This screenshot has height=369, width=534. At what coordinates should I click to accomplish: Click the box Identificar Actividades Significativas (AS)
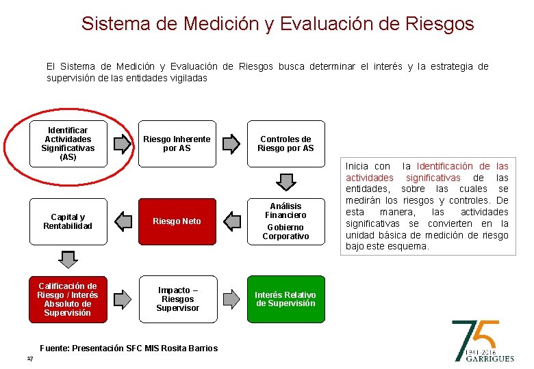(68, 143)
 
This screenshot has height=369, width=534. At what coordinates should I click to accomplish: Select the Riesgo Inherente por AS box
(177, 143)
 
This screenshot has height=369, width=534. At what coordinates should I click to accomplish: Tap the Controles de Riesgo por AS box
(285, 143)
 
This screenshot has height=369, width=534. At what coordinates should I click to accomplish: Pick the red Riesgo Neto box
(177, 221)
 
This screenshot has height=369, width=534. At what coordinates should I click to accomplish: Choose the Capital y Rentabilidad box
(68, 221)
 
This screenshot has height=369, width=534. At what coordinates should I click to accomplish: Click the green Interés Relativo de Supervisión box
(285, 299)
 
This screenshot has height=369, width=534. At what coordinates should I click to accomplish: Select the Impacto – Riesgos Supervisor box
(177, 299)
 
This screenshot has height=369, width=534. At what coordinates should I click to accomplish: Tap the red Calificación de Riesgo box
(68, 299)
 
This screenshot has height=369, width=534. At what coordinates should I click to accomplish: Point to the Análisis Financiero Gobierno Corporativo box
(285, 221)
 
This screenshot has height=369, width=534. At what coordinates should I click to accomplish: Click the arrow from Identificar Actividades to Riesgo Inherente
(122, 143)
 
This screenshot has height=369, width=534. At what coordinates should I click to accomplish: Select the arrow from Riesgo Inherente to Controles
(231, 143)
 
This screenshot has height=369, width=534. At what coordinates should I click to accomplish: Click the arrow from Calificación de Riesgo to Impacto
(122, 299)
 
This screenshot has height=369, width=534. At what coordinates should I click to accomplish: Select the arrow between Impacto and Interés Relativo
(231, 299)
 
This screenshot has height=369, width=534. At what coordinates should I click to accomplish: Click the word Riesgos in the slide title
(438, 24)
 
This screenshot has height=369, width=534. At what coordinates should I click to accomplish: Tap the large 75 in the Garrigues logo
(475, 335)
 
